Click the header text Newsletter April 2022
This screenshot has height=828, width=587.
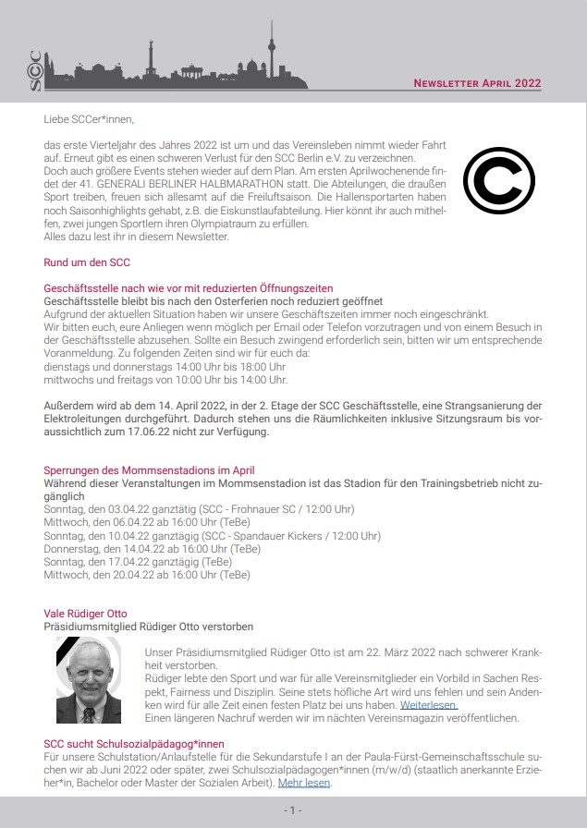coord(477,83)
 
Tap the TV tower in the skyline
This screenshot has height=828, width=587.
coord(272,51)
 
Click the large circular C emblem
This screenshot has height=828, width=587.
coord(498,179)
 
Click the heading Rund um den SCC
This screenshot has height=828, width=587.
coord(87,262)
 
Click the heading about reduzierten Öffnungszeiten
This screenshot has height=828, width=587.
coord(189,288)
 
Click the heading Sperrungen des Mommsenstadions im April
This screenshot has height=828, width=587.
coord(156,470)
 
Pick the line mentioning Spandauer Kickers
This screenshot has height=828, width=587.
coord(212,535)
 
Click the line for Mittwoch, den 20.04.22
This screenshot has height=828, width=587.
coord(147,574)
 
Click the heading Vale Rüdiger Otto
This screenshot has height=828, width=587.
coord(86,613)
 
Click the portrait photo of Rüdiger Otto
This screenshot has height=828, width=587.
coord(89,680)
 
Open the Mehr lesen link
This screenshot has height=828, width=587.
coord(304,783)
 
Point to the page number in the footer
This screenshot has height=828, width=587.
coord(292,810)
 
